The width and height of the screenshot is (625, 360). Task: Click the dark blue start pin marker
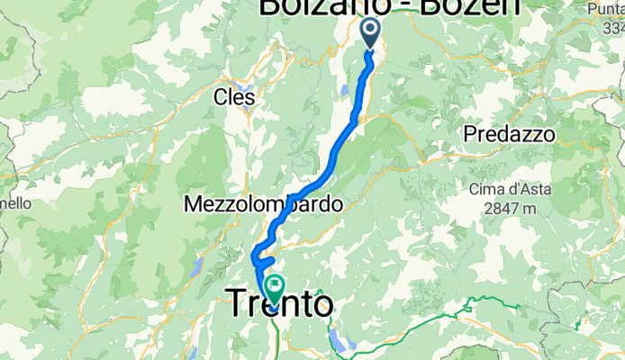click(x=371, y=33)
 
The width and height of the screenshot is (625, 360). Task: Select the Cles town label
click(x=231, y=96)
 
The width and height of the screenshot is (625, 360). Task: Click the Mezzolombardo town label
click(x=263, y=205)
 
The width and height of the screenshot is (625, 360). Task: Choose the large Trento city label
click(x=278, y=303)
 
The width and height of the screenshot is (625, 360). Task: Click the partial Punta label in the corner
click(x=604, y=8)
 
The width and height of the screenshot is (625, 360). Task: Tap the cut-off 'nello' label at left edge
click(x=15, y=204)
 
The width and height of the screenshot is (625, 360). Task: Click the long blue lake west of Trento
click(x=196, y=266)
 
